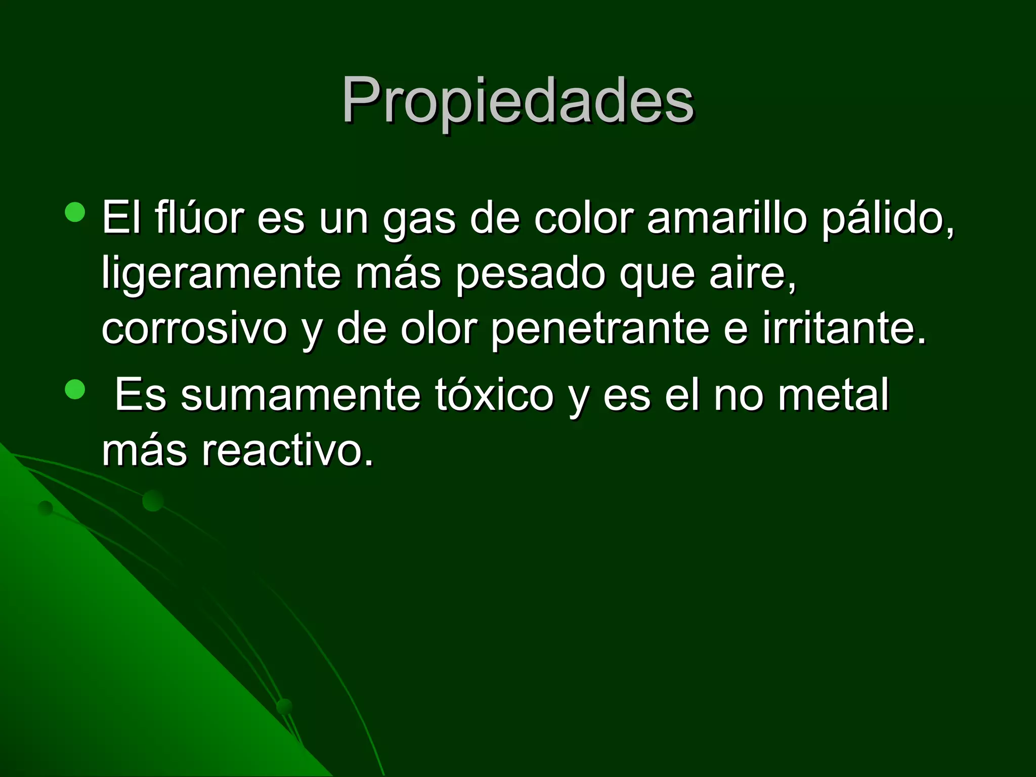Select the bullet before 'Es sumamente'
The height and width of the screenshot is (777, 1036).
tap(75, 389)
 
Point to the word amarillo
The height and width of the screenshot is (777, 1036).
tap(726, 219)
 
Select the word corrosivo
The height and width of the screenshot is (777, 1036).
tap(194, 329)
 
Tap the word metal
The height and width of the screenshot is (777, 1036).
tap(833, 395)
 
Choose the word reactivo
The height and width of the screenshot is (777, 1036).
tap(287, 450)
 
